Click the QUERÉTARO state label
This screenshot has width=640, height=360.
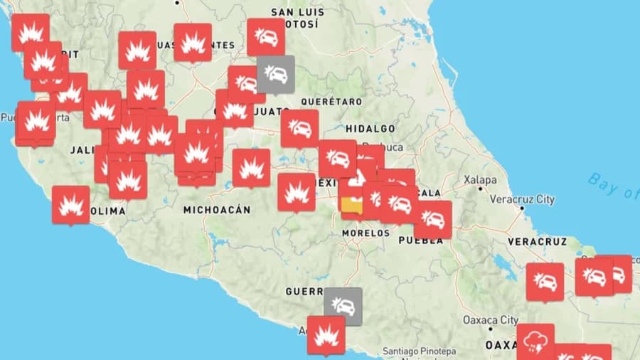click(x=331, y=102)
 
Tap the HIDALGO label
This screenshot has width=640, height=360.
click(x=370, y=129)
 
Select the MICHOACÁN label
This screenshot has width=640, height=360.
click(x=217, y=210)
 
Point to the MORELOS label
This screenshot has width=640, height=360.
click(x=366, y=233)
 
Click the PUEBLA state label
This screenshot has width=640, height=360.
click(x=420, y=240)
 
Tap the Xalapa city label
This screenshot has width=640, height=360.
click(x=481, y=180)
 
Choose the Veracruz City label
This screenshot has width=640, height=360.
click(x=522, y=200)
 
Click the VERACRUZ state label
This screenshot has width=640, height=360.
click(x=537, y=242)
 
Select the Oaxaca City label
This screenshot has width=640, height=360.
click(x=490, y=320)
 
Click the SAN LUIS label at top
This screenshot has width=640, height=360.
click(x=297, y=12)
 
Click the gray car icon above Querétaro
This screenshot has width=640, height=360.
click(x=275, y=73)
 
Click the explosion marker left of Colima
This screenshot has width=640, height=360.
click(x=71, y=204)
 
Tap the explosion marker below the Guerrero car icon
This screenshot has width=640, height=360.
click(x=326, y=334)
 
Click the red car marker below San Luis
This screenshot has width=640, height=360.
click(x=266, y=36)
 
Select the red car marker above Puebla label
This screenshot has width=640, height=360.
click(x=433, y=219)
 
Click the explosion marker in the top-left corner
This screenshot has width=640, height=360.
click(x=31, y=32)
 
